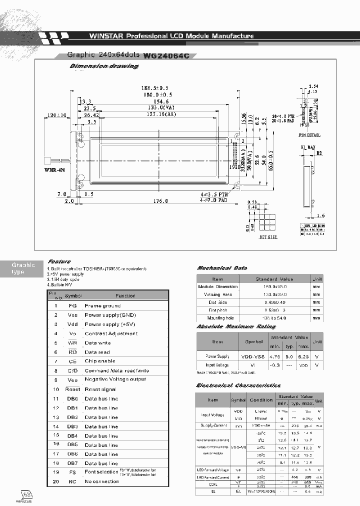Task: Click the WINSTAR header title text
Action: coord(171,36)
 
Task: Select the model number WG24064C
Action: coord(166,56)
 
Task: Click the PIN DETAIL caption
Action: coord(309,135)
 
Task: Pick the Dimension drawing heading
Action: coord(103,66)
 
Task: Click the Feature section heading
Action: coord(59,261)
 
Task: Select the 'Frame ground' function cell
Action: coord(102,305)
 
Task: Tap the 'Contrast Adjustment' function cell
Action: coord(111,333)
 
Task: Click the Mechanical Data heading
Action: coord(221,268)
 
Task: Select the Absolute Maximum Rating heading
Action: coord(235,326)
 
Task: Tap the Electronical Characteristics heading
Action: coord(238,385)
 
